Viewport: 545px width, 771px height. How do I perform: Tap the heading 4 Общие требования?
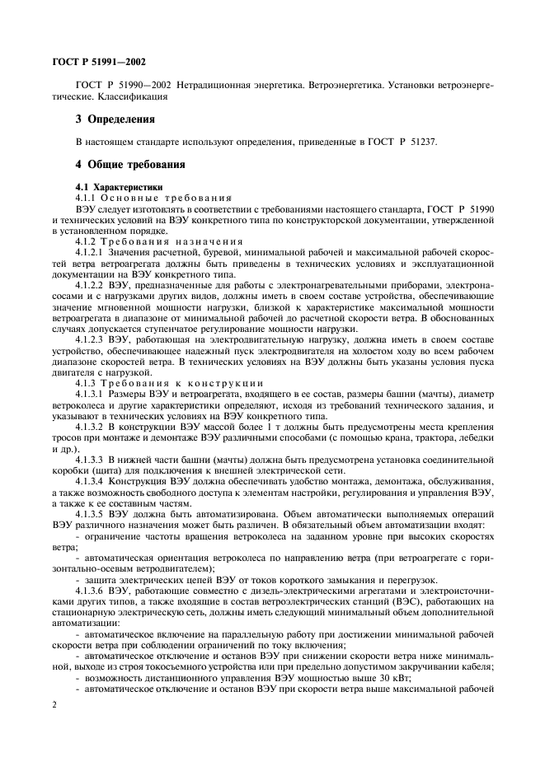tap(129, 164)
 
